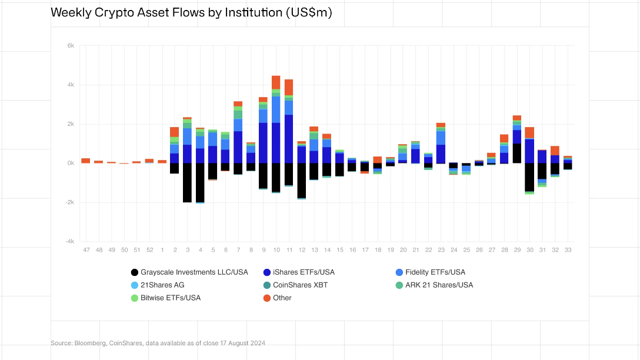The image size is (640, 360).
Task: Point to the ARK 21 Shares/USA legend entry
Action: (439, 285)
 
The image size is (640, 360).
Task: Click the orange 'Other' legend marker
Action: (267, 298)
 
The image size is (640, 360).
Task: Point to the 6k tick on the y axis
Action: (70, 46)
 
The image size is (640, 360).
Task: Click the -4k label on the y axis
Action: (69, 241)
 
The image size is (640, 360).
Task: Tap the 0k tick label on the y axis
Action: (70, 163)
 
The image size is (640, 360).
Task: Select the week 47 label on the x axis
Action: (86, 250)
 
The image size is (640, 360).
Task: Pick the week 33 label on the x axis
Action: (568, 250)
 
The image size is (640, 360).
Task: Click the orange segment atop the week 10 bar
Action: (276, 82)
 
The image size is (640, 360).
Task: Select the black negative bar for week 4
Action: (200, 182)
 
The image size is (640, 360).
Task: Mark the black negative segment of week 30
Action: (529, 177)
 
